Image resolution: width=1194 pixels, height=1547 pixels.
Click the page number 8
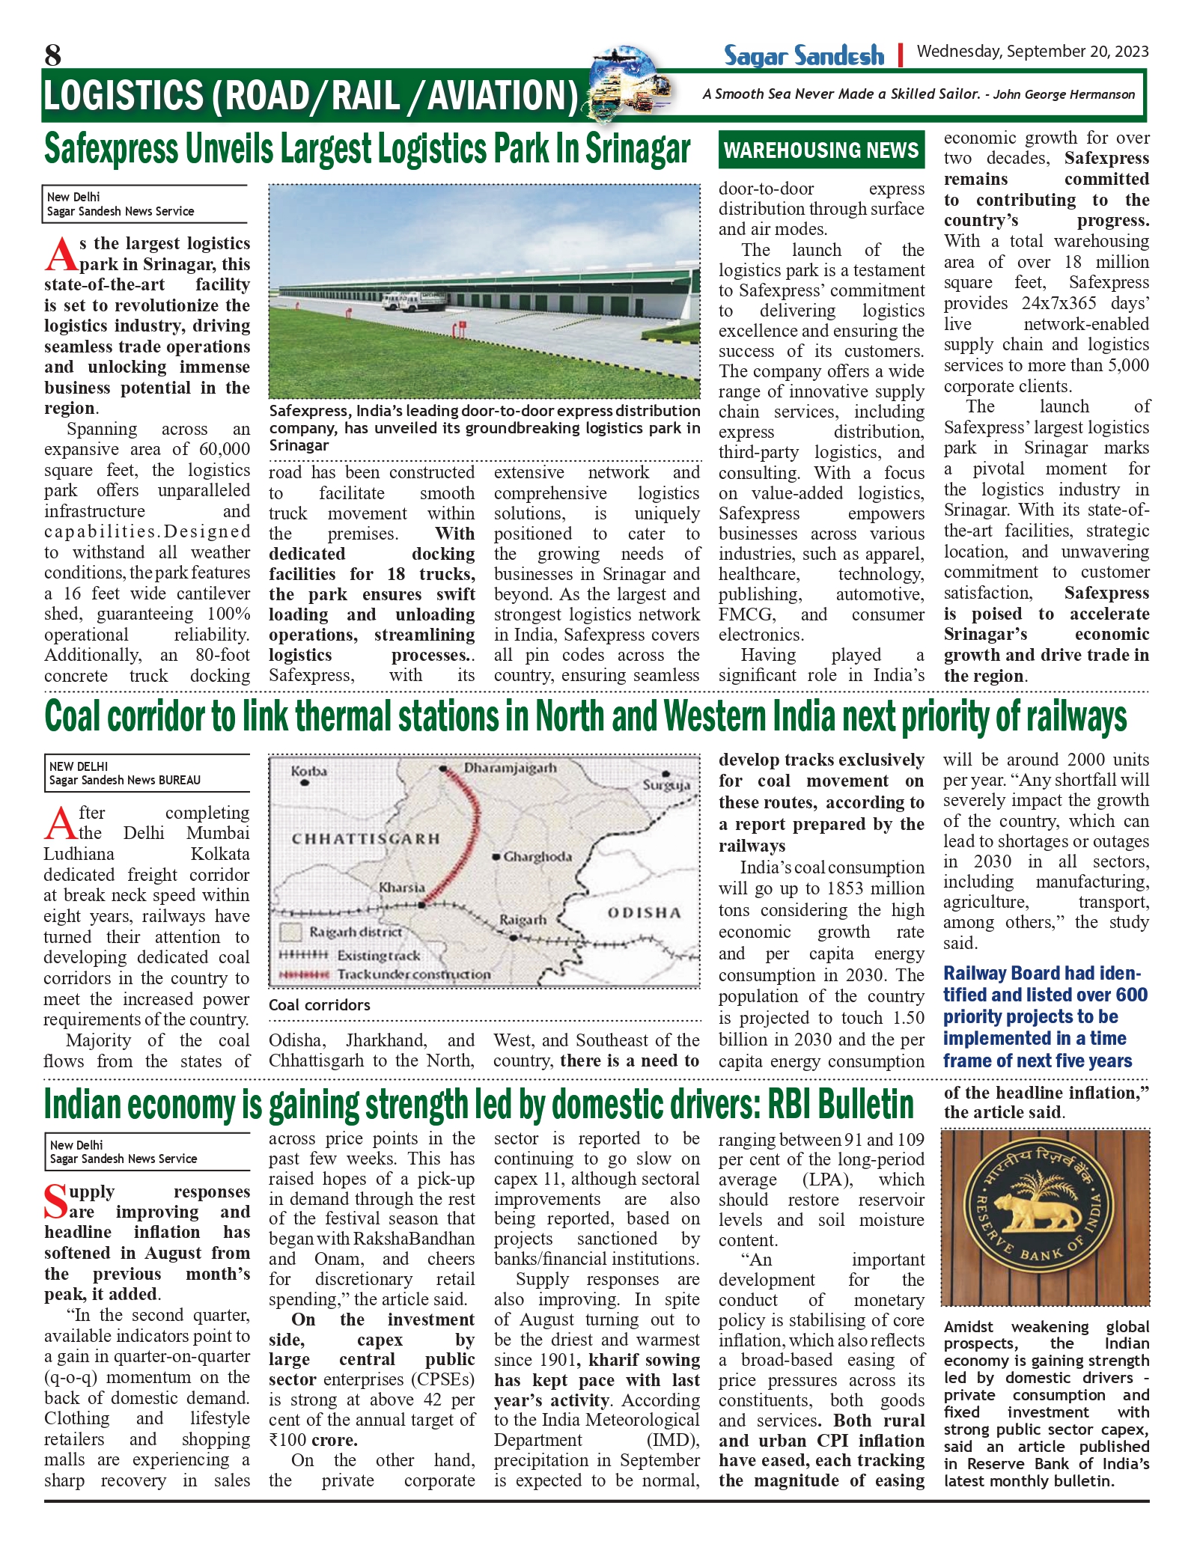pos(52,55)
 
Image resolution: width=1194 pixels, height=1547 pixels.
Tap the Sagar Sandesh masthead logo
pos(803,55)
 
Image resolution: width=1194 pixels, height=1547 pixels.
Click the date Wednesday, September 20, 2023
pos(1032,51)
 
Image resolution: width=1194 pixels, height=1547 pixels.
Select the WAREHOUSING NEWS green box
pos(821,150)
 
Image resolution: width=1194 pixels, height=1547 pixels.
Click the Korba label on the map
pos(308,771)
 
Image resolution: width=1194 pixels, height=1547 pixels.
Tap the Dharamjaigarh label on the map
pos(510,768)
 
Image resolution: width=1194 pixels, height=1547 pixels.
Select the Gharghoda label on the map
pos(537,856)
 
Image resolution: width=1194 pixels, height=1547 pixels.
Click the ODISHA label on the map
pos(644,912)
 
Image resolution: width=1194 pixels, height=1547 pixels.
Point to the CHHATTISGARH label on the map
pos(365,838)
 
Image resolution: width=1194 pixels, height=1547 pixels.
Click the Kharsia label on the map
pos(401,888)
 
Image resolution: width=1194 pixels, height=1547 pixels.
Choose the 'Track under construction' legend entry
pos(413,974)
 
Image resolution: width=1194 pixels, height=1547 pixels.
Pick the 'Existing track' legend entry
pos(378,956)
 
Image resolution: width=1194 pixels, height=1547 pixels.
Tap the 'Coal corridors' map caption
pos(320,1005)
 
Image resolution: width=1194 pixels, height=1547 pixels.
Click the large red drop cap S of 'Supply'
pos(56,1202)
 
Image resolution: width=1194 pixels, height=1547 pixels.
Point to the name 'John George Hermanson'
pos(1064,94)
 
